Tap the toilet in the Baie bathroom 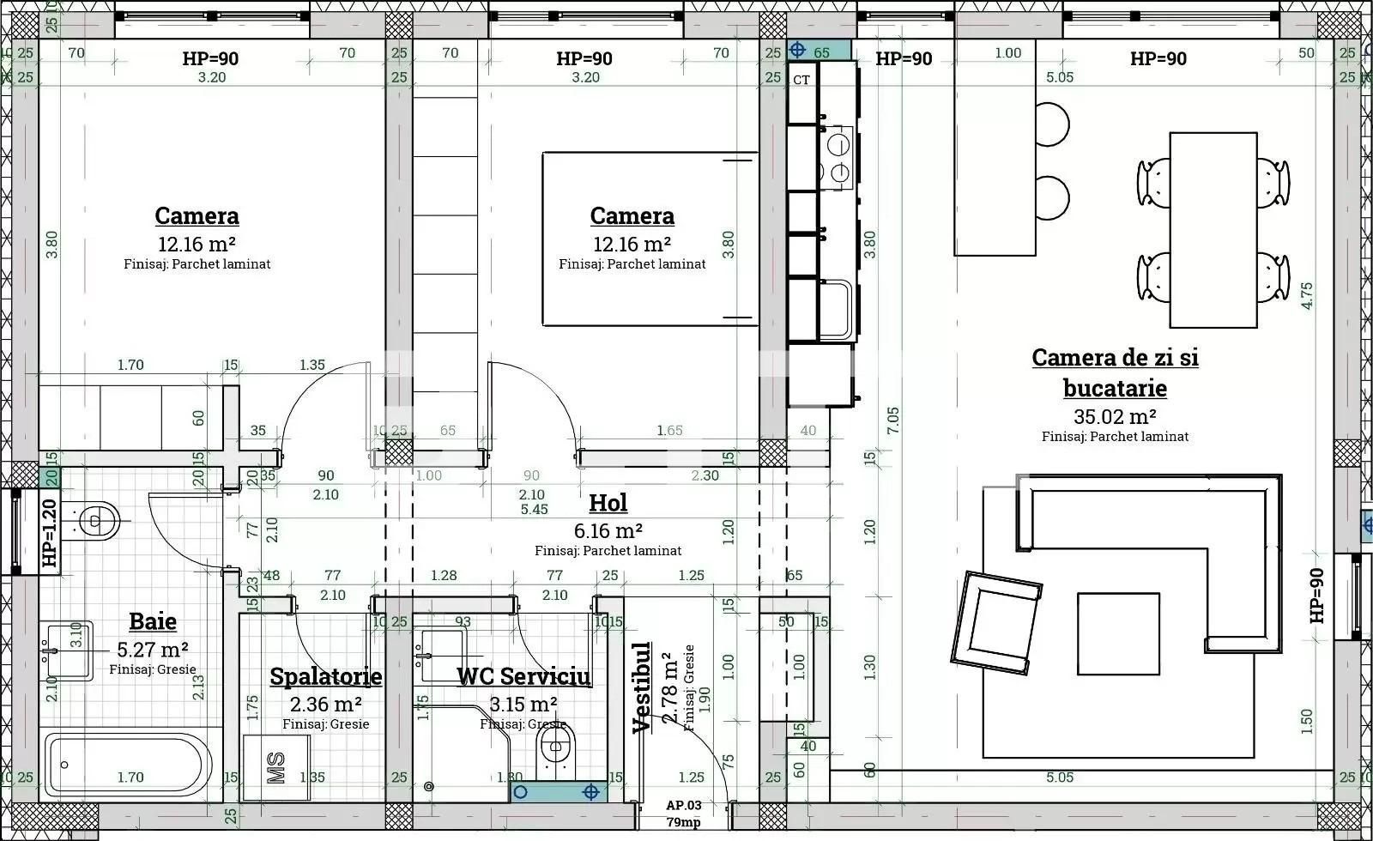[95, 521]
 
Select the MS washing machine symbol [276, 767]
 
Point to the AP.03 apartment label [684, 805]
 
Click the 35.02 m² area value [1115, 417]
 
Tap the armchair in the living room [995, 623]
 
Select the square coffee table [1118, 633]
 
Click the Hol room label [608, 503]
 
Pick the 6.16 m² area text [608, 531]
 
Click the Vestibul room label [642, 687]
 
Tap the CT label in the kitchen [801, 80]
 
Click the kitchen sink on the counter [835, 309]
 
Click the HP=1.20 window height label [49, 533]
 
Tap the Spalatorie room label [325, 676]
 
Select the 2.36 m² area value [325, 705]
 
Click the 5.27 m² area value [152, 650]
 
